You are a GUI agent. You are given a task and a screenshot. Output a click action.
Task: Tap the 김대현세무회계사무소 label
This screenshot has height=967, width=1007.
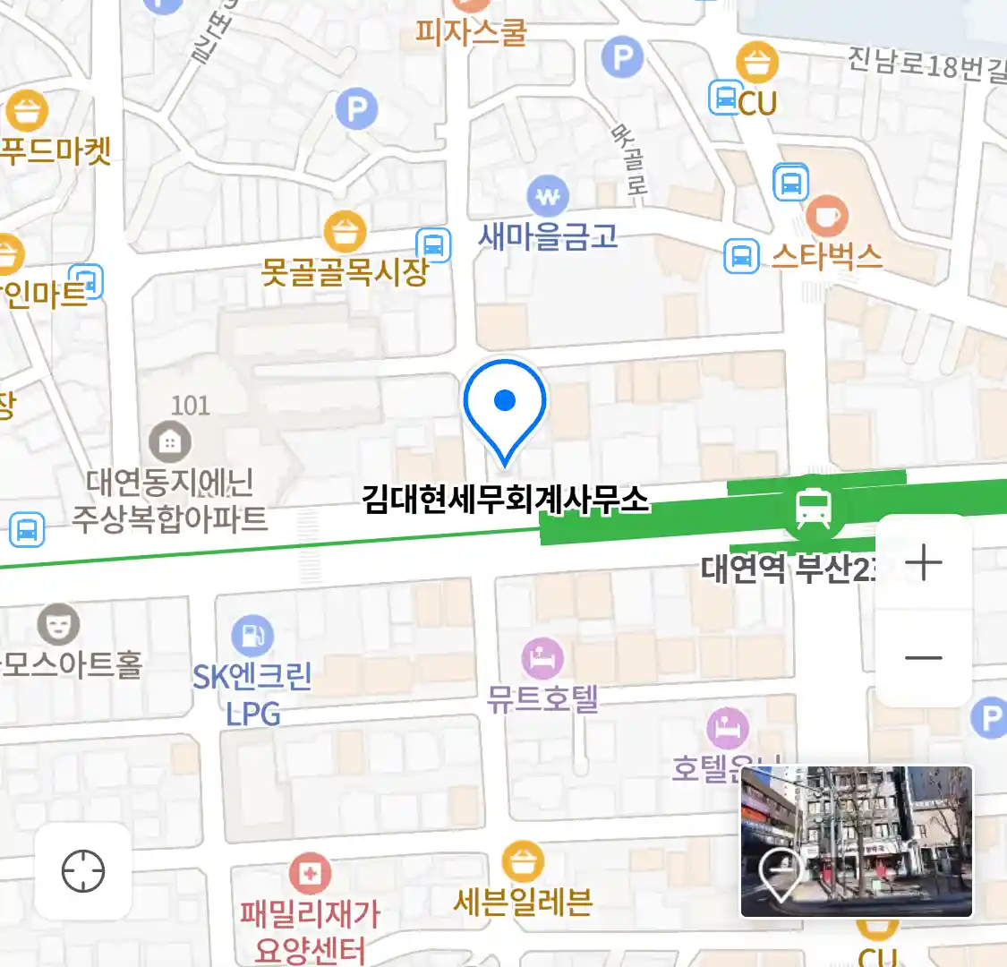point(505,499)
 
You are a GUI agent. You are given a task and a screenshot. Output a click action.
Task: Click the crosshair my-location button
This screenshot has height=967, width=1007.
point(83,871)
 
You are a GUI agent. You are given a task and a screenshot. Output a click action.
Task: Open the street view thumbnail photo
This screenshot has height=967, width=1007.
point(857,841)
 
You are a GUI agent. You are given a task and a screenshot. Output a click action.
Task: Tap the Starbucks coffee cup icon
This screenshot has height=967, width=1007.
point(827,216)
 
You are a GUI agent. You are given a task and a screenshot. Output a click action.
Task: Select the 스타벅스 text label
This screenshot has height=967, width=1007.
point(827,257)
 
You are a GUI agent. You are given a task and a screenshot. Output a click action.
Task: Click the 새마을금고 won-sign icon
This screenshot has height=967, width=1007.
point(547,196)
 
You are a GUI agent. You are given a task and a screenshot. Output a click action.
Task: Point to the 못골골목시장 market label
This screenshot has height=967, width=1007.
point(345,270)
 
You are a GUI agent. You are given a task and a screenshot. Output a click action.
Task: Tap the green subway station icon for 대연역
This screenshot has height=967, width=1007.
point(813,508)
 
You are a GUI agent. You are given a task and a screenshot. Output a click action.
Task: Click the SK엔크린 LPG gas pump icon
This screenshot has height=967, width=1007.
point(252,636)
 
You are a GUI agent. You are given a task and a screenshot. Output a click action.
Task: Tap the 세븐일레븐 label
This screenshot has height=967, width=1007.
point(523,902)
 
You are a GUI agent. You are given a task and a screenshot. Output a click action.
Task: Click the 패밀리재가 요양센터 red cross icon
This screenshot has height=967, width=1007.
point(310,873)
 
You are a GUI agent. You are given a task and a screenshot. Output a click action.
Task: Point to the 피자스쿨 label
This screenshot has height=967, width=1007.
point(471,33)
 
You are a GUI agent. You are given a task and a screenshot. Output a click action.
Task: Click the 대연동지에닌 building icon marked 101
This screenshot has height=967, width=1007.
point(170,441)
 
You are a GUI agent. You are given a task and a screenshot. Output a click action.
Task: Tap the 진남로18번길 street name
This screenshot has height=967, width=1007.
point(926,64)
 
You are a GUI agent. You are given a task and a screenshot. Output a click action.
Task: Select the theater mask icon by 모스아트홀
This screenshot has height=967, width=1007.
point(59,624)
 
